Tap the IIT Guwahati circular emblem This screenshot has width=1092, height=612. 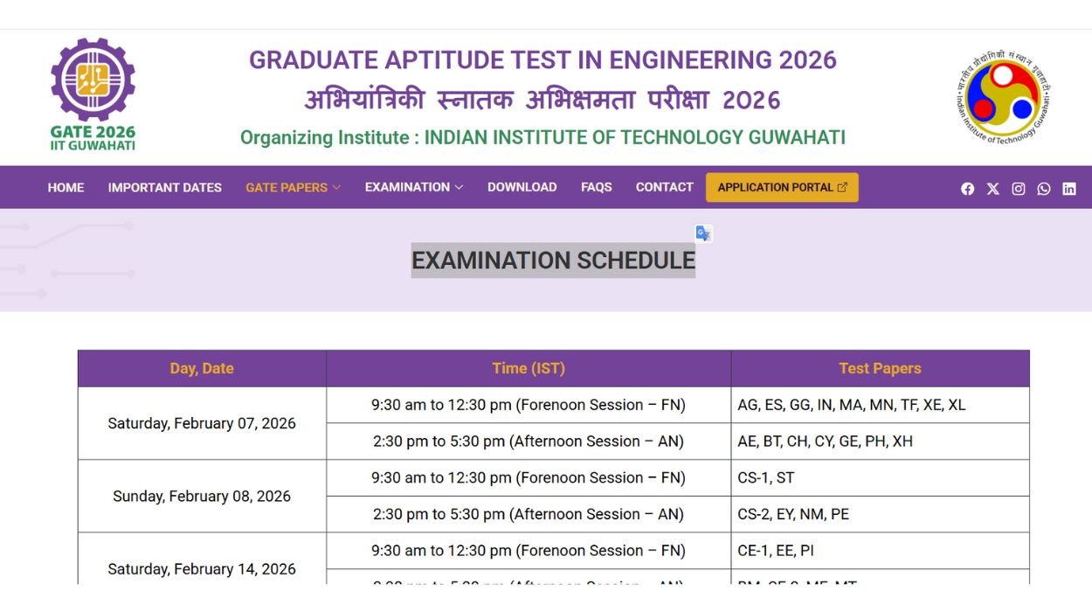coord(1003,97)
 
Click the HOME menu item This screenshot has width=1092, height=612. coord(66,187)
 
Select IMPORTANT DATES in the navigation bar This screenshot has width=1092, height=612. coord(164,187)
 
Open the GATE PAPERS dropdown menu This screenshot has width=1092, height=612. coord(293,187)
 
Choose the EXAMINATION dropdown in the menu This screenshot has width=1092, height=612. coord(413,187)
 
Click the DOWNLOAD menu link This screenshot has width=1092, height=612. coord(522,187)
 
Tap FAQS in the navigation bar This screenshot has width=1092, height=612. coord(596,187)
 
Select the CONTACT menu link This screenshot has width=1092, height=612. coord(664,187)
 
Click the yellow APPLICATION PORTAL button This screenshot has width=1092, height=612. coord(782,187)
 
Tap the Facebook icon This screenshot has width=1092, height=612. coord(967,189)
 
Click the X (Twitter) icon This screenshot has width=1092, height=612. coord(992,189)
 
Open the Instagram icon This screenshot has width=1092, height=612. coord(1018,189)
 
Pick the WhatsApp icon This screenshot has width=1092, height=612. coord(1043,189)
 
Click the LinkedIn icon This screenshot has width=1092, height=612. coord(1068,189)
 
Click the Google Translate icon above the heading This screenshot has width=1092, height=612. coord(703,233)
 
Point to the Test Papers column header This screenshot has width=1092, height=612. coord(880,368)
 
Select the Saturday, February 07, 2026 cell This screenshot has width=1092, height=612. coord(202,423)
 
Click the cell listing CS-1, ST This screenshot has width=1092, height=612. coord(880,477)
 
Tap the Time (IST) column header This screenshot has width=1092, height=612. coord(528,368)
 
